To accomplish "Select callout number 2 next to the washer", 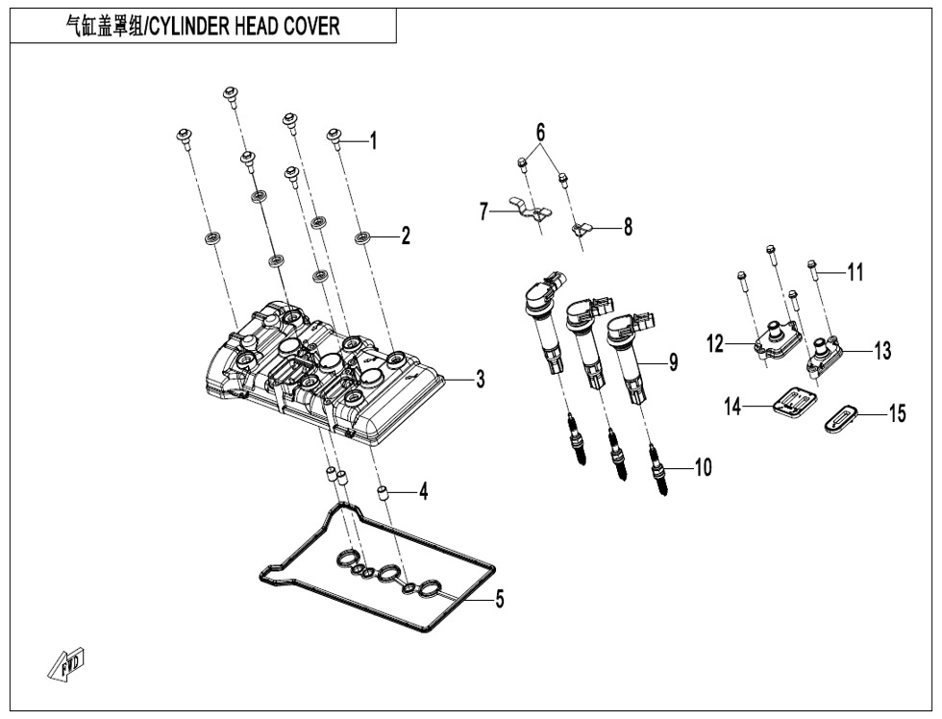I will pos(406,236).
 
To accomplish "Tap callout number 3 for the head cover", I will pos(480,380).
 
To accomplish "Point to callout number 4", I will pos(423,492).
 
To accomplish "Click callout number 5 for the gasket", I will pos(500,600).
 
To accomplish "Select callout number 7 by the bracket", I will pos(484,212).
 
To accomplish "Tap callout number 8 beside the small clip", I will pos(628,227).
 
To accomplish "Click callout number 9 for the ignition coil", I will pos(673,362).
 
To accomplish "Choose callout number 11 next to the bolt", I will pos(855,273).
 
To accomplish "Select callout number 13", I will pos(881,351).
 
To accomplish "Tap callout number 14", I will pos(734,408).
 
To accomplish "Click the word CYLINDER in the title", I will pos(193,26).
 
